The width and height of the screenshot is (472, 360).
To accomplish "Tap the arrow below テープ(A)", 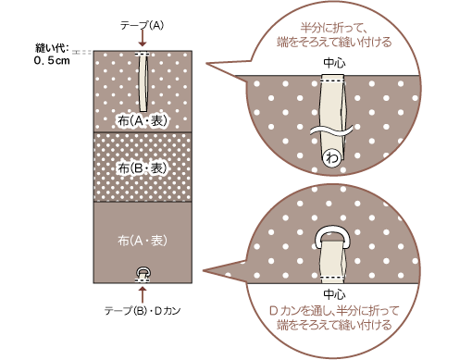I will pyautogui.click(x=143, y=39).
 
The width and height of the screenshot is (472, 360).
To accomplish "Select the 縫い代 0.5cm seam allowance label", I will pyautogui.click(x=45, y=56).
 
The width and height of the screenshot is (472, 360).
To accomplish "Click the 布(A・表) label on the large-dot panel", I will pyautogui.click(x=143, y=120).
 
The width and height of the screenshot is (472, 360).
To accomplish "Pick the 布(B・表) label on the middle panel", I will pyautogui.click(x=143, y=168).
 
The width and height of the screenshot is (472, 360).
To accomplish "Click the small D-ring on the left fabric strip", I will pyautogui.click(x=143, y=270).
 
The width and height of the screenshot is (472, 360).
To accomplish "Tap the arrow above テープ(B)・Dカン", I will pyautogui.click(x=143, y=293).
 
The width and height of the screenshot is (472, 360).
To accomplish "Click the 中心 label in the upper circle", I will pyautogui.click(x=333, y=63).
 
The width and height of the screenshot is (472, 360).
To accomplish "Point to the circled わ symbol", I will pyautogui.click(x=331, y=158).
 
